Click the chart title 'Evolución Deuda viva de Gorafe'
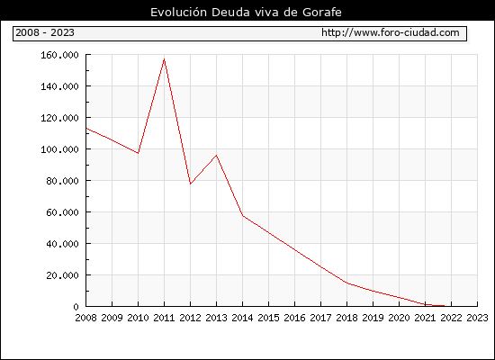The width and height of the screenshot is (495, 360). pyautogui.click(x=246, y=13)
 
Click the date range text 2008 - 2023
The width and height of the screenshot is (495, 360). pyautogui.click(x=45, y=32)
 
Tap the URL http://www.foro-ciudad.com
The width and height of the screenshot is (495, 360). pyautogui.click(x=391, y=32)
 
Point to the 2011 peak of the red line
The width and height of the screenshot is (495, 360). pyautogui.click(x=164, y=59)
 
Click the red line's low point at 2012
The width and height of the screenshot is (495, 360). pyautogui.click(x=191, y=184)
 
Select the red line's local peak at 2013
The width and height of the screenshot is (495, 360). pyautogui.click(x=216, y=155)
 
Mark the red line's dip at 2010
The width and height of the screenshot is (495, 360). pyautogui.click(x=138, y=153)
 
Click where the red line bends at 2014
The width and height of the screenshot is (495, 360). pyautogui.click(x=242, y=216)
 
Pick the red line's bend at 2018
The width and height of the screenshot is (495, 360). pyautogui.click(x=346, y=283)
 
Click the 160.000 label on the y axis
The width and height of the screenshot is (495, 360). pyautogui.click(x=59, y=55)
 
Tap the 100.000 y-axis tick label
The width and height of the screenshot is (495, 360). pyautogui.click(x=59, y=149)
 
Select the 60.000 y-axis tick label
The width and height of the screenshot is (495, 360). pyautogui.click(x=62, y=212)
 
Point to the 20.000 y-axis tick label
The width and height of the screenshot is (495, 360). pyautogui.click(x=62, y=275)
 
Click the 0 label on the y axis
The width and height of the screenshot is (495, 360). pyautogui.click(x=76, y=307)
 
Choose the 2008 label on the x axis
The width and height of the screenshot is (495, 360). pyautogui.click(x=85, y=318)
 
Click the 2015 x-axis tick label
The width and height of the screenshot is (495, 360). pyautogui.click(x=269, y=318)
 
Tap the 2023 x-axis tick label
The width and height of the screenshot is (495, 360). pyautogui.click(x=477, y=318)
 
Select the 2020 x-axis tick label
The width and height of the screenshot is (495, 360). pyautogui.click(x=399, y=318)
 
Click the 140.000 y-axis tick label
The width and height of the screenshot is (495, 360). pyautogui.click(x=59, y=86)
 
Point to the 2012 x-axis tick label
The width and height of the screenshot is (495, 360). pyautogui.click(x=191, y=318)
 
